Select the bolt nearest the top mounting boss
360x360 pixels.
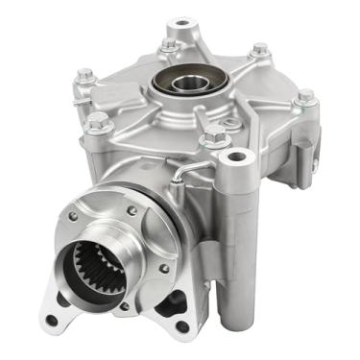point(170,43)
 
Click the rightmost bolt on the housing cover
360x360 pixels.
point(305,97)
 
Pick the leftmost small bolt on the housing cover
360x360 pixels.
point(85,75)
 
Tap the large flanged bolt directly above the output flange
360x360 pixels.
point(98,122)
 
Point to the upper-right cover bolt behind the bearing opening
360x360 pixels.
point(259,50)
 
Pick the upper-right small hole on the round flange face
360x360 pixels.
point(131,210)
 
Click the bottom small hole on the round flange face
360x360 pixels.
point(124,307)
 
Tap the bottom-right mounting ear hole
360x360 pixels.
point(182,326)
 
